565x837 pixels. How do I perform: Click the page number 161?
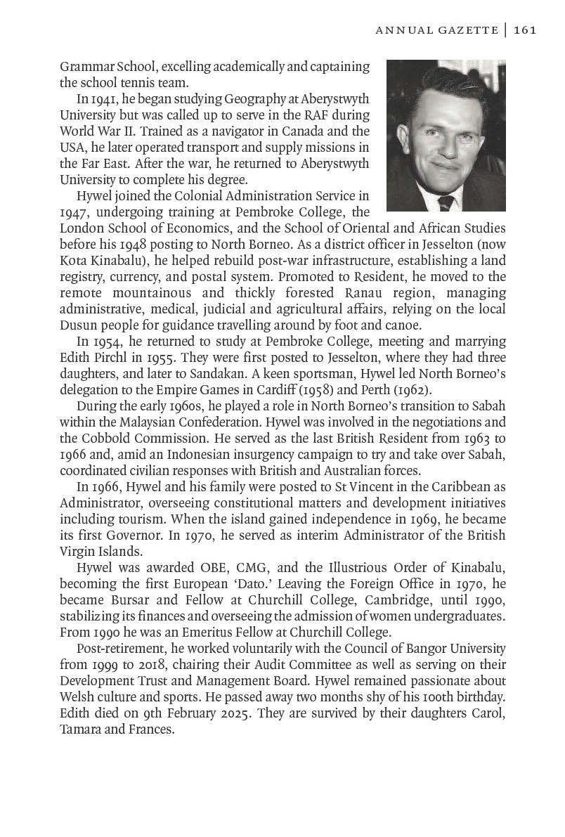point(525,30)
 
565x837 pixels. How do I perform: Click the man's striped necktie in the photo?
point(446,203)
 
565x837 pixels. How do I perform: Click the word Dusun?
point(78,325)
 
